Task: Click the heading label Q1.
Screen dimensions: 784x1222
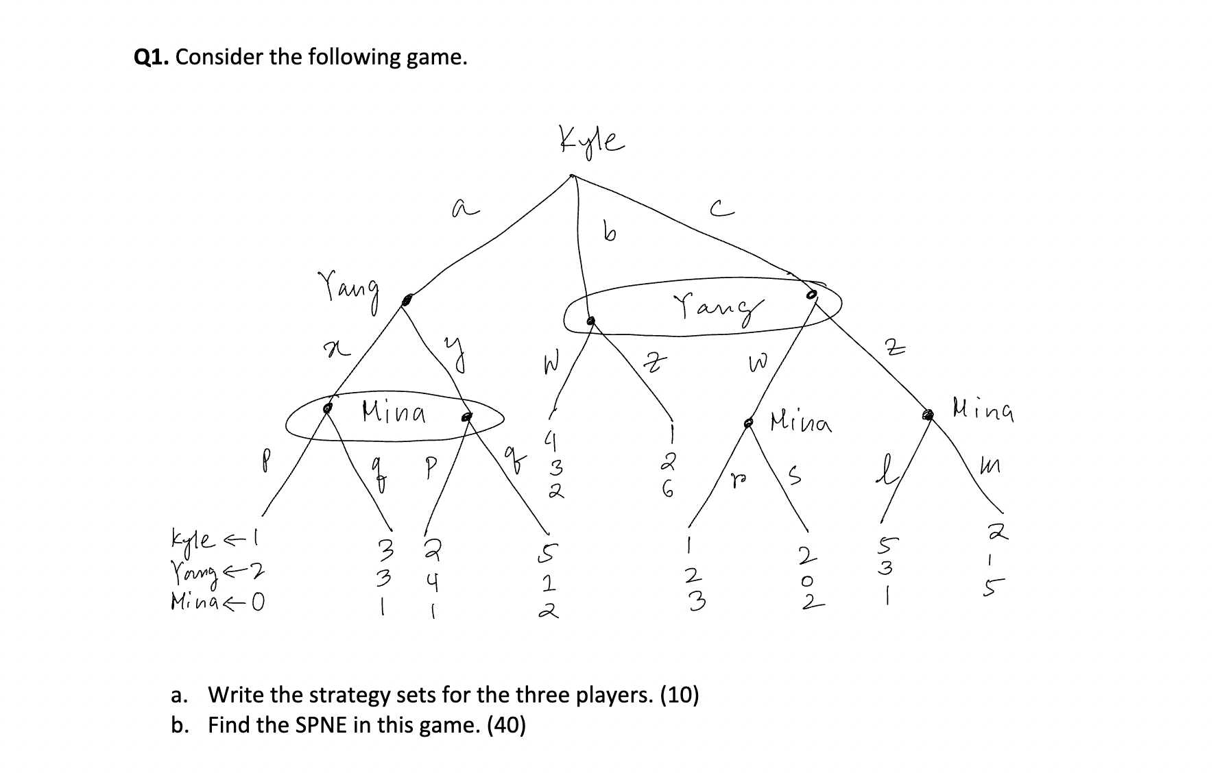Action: (x=152, y=57)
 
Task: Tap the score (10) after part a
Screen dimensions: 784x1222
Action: (x=680, y=695)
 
